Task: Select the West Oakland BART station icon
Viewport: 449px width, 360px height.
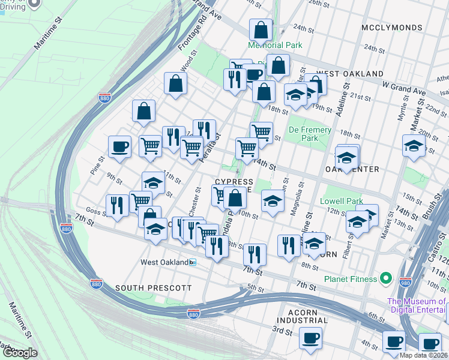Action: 193,262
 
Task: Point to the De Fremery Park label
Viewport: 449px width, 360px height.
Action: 310,134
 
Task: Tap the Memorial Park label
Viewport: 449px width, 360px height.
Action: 276,45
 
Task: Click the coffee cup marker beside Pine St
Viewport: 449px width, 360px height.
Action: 119,147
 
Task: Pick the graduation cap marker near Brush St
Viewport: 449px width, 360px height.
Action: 414,146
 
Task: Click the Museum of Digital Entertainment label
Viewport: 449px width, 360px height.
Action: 417,305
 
